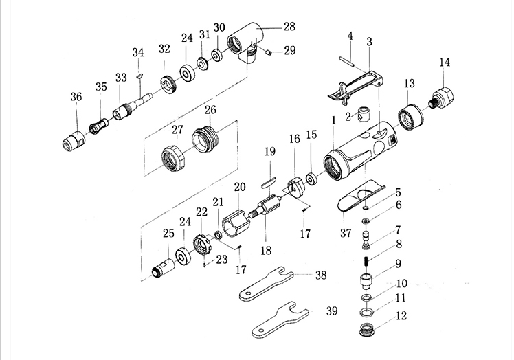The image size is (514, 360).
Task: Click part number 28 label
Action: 289,27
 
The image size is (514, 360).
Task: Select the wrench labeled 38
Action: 265,284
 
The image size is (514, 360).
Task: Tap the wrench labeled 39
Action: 280,320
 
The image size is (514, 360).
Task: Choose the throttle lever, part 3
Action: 356,86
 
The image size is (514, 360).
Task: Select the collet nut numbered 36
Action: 74,140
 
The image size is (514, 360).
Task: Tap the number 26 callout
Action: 210,109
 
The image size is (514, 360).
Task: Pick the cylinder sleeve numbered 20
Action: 236,223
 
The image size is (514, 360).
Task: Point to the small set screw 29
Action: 269,52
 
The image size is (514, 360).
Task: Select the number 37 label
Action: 346,233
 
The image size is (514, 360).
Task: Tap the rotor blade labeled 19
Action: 269,182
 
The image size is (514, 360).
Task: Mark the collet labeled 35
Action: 100,125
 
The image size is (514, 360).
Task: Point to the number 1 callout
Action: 334,120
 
